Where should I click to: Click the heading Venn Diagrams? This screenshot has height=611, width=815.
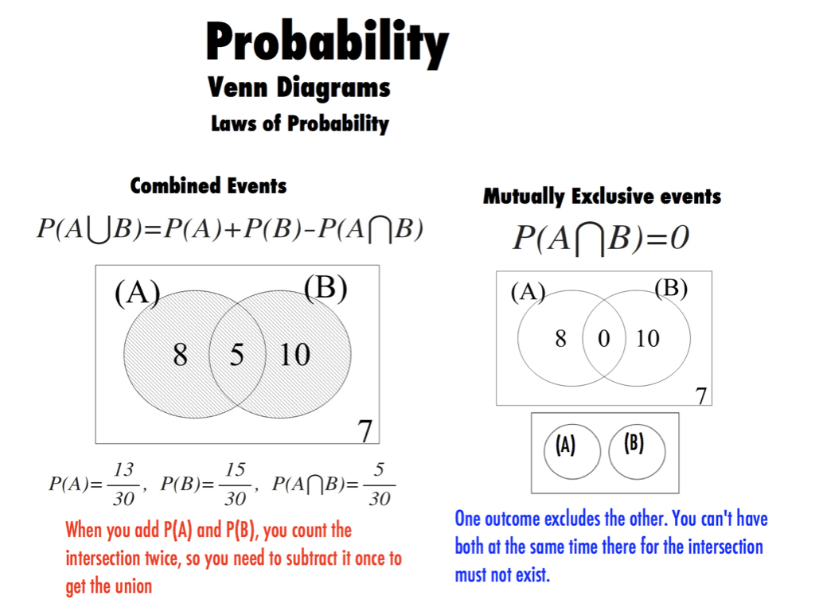(x=299, y=88)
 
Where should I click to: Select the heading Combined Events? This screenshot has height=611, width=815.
(x=208, y=185)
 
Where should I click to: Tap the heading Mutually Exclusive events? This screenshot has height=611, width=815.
(x=602, y=197)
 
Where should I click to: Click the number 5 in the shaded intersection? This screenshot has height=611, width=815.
(x=237, y=355)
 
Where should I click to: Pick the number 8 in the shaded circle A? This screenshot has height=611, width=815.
(x=181, y=355)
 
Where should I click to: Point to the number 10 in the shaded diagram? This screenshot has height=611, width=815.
(x=294, y=355)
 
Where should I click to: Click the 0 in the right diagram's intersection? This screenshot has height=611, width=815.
(x=603, y=339)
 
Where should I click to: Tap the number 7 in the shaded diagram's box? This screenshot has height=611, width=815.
(x=365, y=430)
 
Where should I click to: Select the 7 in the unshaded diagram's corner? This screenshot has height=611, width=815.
(x=701, y=396)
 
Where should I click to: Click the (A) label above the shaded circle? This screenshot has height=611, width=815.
(x=137, y=293)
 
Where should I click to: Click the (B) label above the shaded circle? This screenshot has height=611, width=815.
(x=326, y=287)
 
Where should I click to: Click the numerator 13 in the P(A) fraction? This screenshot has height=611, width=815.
(x=123, y=469)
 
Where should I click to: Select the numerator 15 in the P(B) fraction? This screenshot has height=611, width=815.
(x=235, y=469)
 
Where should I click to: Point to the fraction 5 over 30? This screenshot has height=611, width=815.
(x=380, y=485)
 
